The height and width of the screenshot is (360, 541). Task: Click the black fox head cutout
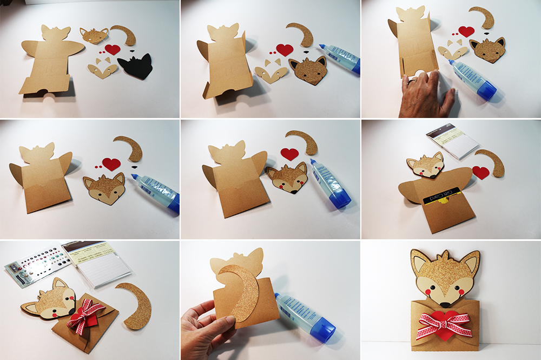coord(136,67)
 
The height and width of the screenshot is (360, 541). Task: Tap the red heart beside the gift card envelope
coord(480,172)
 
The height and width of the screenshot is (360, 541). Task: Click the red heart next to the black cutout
coord(112,49)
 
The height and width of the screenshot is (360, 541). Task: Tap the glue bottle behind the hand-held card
coord(304,314)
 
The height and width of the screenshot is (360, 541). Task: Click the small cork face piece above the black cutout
coord(95,36)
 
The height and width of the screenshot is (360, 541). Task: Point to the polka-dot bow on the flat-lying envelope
coord(87,314)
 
